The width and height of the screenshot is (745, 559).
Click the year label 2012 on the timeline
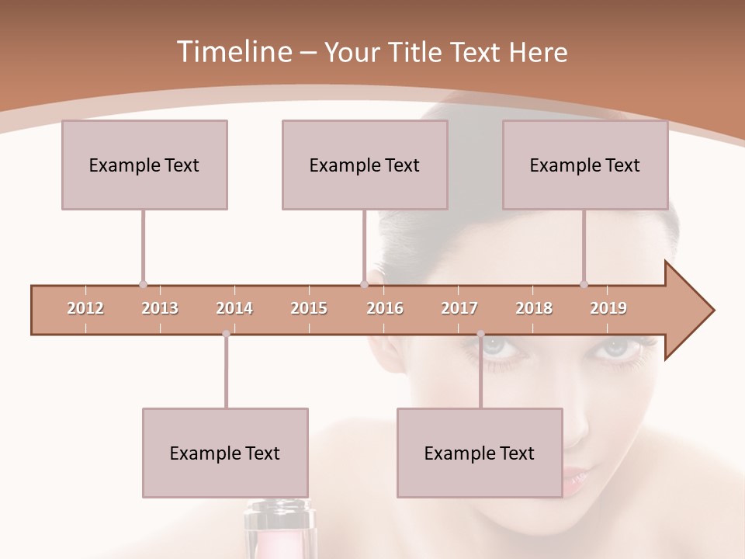tap(85, 308)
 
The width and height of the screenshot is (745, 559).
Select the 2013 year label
tap(160, 308)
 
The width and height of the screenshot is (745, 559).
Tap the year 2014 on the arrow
tap(234, 308)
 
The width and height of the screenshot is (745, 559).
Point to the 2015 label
tap(309, 308)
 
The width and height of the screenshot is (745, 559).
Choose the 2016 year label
tap(385, 308)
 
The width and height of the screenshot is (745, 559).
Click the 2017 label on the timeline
tap(459, 308)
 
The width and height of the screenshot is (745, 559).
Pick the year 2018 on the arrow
tap(534, 308)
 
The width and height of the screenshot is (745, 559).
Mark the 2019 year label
tap(608, 308)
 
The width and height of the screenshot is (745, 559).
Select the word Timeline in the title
tap(233, 52)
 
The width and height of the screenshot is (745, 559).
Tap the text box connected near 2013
tap(144, 165)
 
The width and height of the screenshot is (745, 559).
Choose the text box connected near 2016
tap(365, 165)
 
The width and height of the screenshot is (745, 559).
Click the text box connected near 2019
tap(585, 165)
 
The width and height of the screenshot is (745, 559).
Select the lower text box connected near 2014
tap(225, 453)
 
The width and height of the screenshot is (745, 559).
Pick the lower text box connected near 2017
tap(480, 453)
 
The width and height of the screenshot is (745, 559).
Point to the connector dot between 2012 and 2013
tap(143, 284)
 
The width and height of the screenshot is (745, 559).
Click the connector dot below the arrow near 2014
tap(226, 334)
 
